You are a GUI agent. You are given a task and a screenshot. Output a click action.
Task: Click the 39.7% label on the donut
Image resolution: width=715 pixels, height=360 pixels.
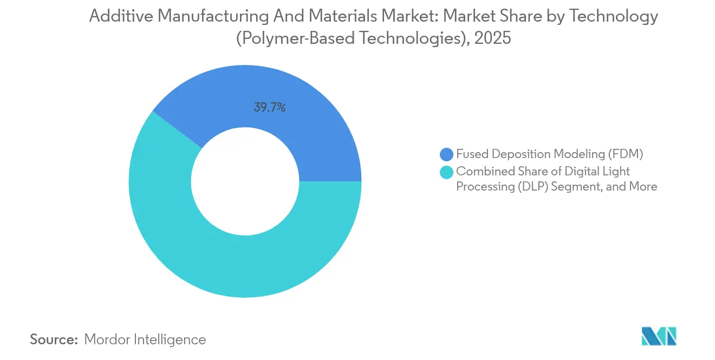[269, 107]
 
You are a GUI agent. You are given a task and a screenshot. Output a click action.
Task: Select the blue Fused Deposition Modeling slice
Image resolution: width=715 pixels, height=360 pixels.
[303, 119]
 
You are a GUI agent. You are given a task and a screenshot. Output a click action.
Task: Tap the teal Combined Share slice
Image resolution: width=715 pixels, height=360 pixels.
[217, 260]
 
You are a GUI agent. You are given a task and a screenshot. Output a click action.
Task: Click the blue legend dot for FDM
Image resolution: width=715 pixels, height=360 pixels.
[447, 154]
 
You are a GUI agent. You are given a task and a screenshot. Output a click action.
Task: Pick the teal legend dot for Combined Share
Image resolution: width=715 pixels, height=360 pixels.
[447, 172]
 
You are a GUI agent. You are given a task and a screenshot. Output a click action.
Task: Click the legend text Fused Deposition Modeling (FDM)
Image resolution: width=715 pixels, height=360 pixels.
[549, 154]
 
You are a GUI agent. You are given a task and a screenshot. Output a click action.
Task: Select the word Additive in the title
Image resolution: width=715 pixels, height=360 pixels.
[115, 16]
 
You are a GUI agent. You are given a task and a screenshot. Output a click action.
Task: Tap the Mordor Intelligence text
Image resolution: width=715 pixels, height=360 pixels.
[145, 339]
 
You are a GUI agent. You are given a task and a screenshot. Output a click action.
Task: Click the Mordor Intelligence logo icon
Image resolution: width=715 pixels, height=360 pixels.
[659, 336]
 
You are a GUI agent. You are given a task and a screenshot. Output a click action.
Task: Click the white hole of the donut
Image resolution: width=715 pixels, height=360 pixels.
[245, 181]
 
